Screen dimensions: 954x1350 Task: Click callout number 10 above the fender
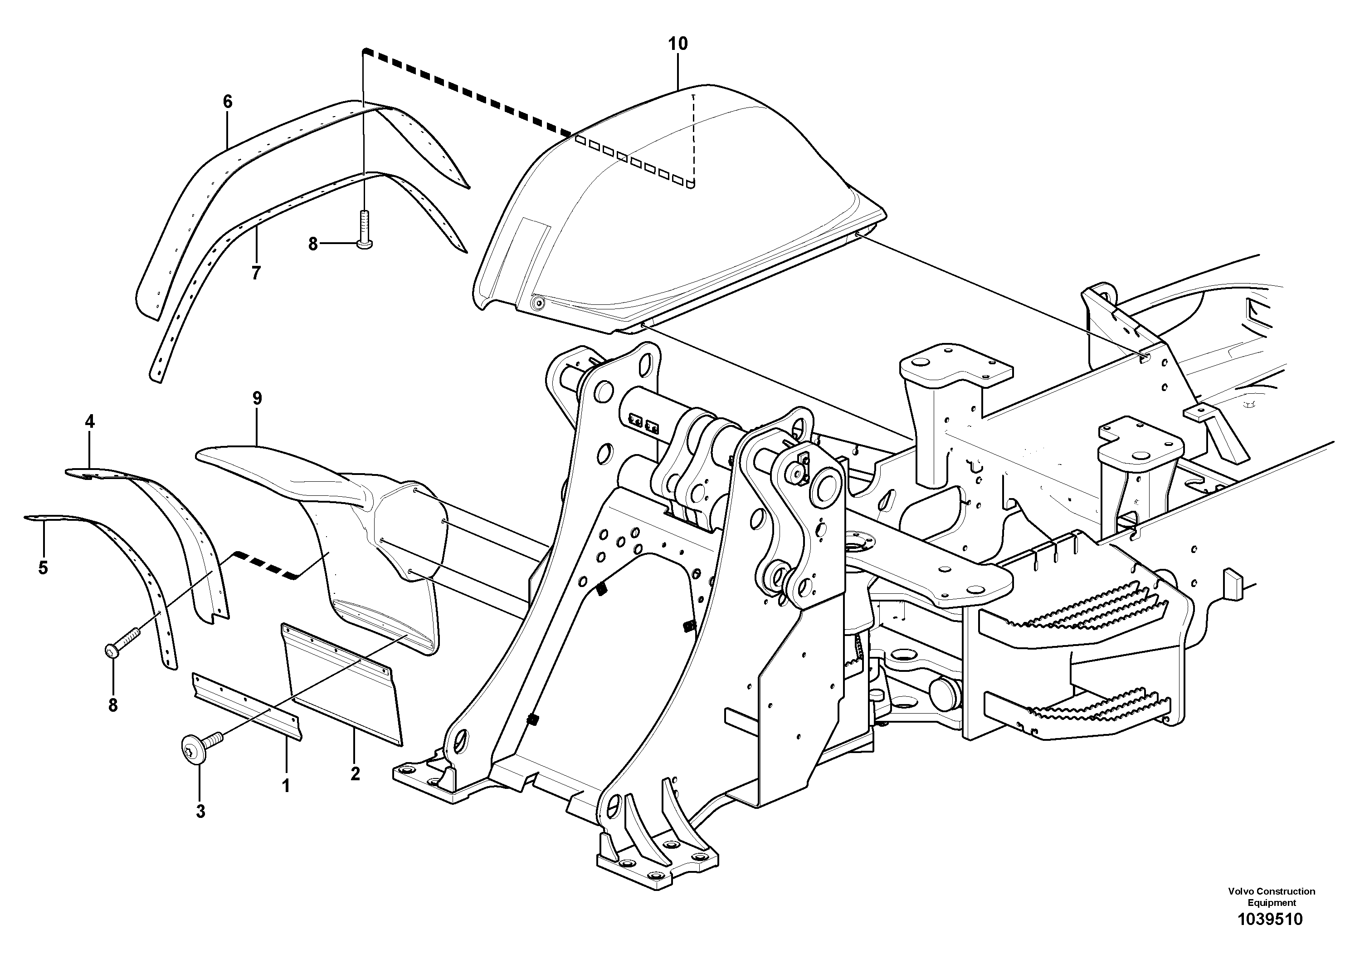pos(677,44)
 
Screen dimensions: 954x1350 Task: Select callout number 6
pos(228,102)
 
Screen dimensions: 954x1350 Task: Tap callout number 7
pos(256,274)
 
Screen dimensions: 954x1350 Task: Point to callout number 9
pos(257,398)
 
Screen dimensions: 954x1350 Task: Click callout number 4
pos(89,422)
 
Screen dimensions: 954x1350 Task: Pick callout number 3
pos(200,812)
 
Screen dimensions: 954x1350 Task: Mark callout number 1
pos(286,786)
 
